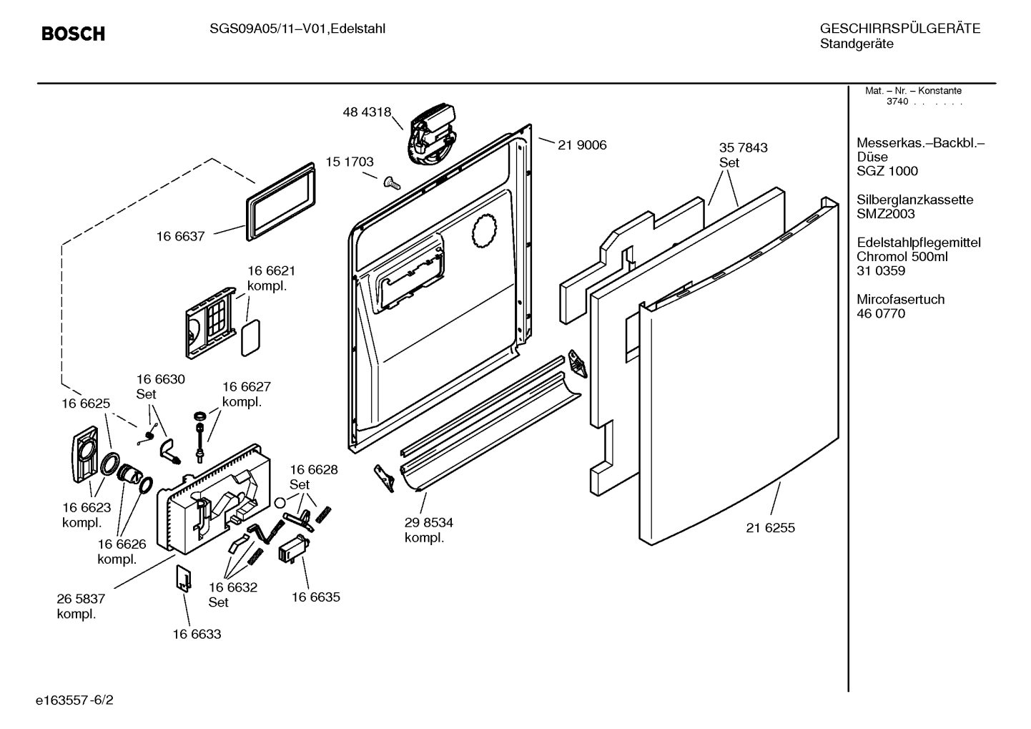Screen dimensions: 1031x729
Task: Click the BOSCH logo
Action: tap(73, 34)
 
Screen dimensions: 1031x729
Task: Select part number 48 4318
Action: tap(367, 112)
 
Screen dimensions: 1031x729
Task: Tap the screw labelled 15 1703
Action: tap(392, 183)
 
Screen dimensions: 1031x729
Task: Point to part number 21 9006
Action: tap(582, 145)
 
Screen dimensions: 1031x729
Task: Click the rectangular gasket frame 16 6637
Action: tap(281, 202)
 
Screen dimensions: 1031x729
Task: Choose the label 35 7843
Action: tap(744, 148)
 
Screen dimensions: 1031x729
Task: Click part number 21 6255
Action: tap(771, 528)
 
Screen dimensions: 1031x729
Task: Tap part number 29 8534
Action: tap(428, 523)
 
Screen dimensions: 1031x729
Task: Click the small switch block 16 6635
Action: tap(294, 548)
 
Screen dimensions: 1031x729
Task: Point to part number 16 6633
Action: tap(197, 634)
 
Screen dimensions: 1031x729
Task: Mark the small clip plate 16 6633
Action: tap(184, 579)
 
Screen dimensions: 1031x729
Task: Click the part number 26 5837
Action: tap(81, 599)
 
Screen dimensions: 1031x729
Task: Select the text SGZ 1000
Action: tap(887, 171)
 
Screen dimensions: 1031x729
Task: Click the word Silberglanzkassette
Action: tap(915, 200)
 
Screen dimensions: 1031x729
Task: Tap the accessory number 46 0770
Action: tap(881, 313)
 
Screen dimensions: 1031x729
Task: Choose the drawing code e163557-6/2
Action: tap(74, 700)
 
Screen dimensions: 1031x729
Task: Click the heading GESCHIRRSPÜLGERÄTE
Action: tap(900, 29)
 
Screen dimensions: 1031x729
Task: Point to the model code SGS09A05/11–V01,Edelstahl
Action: tap(297, 29)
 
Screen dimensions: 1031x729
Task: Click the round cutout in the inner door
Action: tap(485, 231)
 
